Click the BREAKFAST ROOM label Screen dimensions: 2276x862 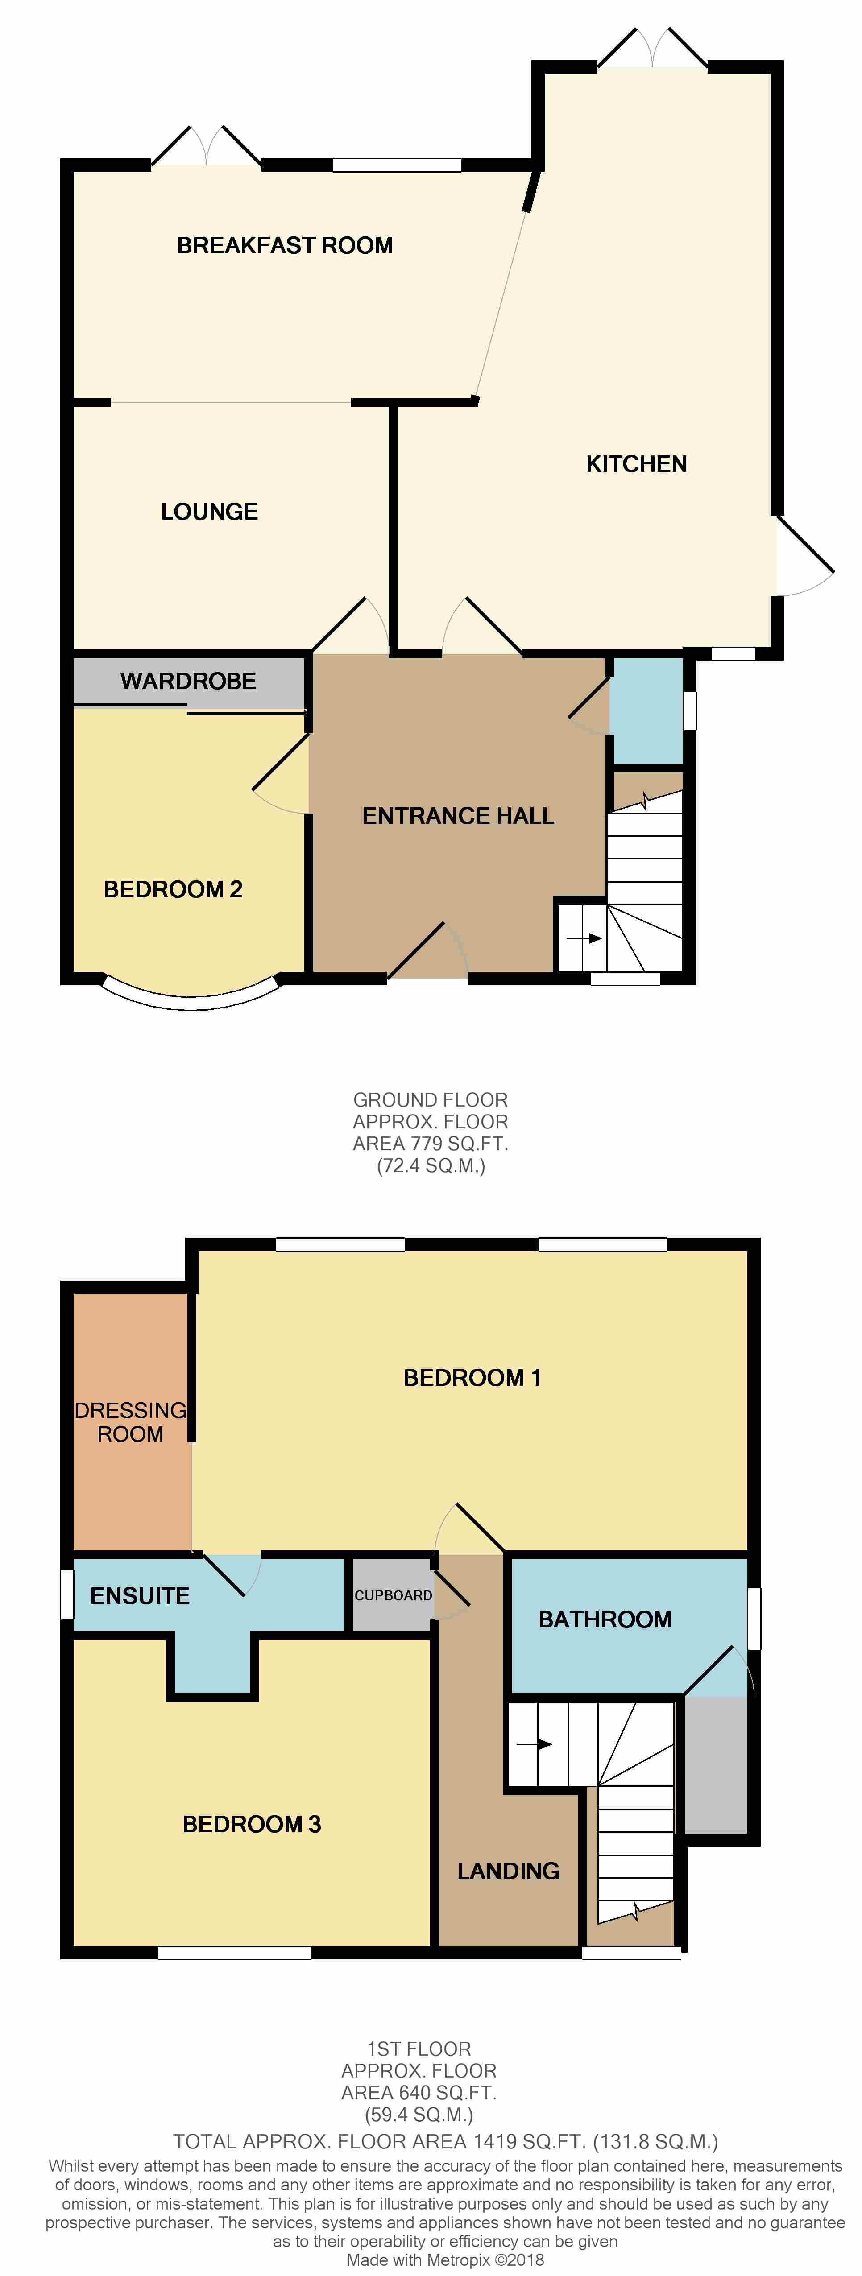pyautogui.click(x=285, y=246)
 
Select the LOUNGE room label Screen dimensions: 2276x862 pyautogui.click(x=210, y=512)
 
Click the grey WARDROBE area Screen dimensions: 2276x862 pyautogui.click(x=188, y=681)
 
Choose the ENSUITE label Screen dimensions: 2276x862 pyautogui.click(x=140, y=1596)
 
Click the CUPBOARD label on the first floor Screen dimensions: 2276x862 pyautogui.click(x=394, y=1596)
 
